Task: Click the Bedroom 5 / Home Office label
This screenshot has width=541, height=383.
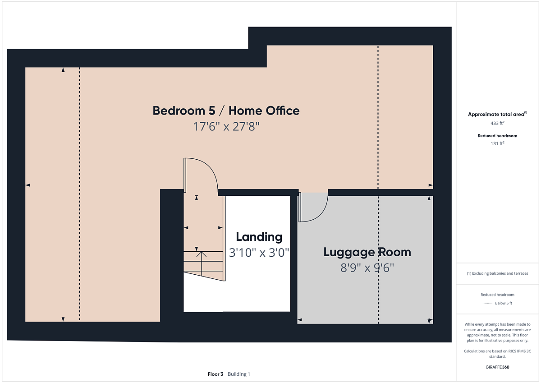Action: pos(226,111)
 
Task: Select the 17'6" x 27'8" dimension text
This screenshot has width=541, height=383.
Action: pos(226,126)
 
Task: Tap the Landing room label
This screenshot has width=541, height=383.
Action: pos(259,237)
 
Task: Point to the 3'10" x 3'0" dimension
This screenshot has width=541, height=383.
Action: pos(259,253)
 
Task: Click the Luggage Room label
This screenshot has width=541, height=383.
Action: pos(367,252)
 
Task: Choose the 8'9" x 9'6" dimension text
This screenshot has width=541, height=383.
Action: pos(367,268)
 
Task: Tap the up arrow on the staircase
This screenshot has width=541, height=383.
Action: pos(201,264)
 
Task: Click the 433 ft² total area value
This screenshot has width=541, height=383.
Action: pos(497,123)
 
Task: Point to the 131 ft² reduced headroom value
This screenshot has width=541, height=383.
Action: pos(497,143)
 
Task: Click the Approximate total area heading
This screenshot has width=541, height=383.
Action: pos(497,114)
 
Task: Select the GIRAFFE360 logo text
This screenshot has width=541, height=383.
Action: pos(497,367)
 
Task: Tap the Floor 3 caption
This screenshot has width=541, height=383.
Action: pos(215,374)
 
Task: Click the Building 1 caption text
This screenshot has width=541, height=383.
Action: pos(238,374)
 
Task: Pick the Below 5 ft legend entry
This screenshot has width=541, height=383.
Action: pos(504,303)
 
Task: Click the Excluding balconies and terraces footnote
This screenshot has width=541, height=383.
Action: pos(497,273)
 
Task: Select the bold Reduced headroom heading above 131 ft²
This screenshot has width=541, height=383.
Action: pos(497,136)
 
